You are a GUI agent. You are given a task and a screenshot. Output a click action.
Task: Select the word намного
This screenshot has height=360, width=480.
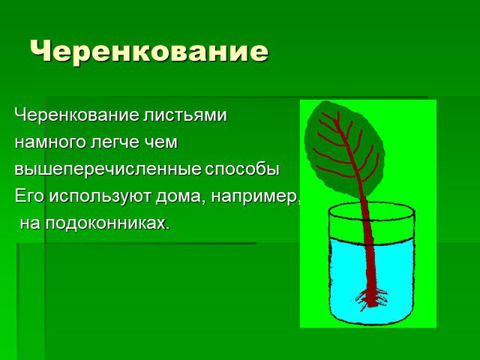[x=50, y=142]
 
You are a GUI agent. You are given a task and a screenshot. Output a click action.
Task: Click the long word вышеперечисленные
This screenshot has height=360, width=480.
[x=108, y=169]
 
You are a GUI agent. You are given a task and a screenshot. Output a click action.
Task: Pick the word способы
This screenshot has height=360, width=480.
[x=242, y=169]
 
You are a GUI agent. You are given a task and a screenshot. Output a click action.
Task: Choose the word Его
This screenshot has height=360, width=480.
[x=30, y=196]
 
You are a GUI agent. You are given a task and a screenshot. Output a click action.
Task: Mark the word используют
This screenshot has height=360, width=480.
[x=100, y=196]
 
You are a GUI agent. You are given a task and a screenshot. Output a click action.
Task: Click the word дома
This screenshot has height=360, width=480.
[x=181, y=196]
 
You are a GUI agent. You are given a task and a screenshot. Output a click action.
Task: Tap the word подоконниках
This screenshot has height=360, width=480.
[x=107, y=223]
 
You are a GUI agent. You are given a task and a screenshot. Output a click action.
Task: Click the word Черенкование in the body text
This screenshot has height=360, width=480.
[x=76, y=115]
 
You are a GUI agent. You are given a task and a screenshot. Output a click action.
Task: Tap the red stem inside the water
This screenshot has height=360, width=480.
[x=371, y=269]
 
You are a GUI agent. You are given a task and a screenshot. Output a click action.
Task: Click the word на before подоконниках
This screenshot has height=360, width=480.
[x=30, y=224]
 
